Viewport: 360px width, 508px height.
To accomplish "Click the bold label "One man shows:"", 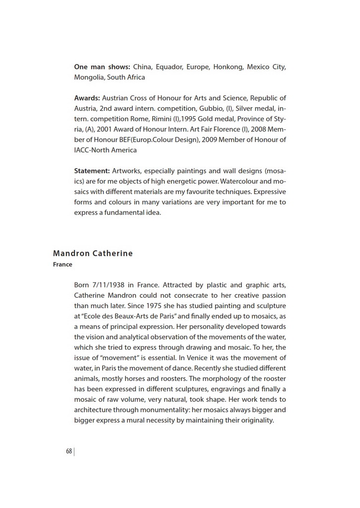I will [102, 66].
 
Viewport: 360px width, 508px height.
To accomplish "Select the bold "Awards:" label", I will [87, 98].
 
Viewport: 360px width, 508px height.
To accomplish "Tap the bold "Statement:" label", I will [92, 171].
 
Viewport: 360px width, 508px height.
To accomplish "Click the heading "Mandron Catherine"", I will [93, 254].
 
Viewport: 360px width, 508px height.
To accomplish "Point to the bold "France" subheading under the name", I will [62, 264].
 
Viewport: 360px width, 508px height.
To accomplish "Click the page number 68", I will [69, 451].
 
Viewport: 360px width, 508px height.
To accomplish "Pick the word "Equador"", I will [169, 66].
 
